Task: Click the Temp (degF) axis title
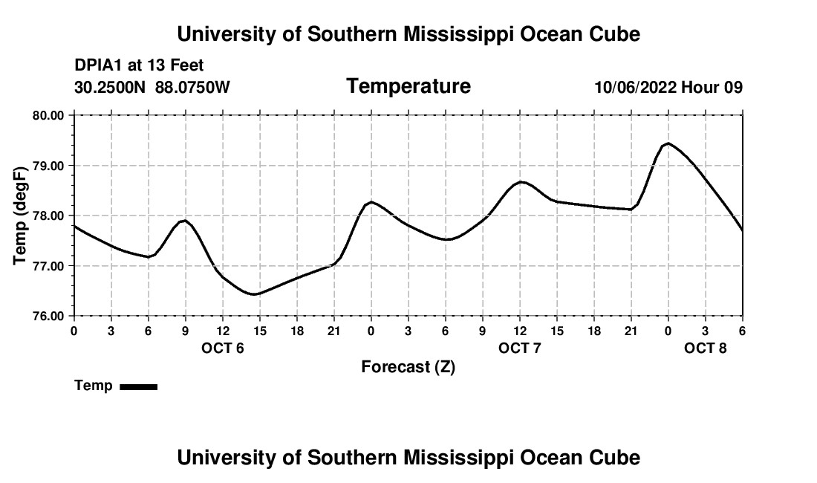pyautogui.click(x=20, y=215)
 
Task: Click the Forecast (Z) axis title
pyautogui.click(x=408, y=366)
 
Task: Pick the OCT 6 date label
pyautogui.click(x=223, y=348)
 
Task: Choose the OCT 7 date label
pyautogui.click(x=520, y=348)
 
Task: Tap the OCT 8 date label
pyautogui.click(x=706, y=348)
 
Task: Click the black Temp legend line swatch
pyautogui.click(x=138, y=386)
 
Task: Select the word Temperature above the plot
pyautogui.click(x=408, y=86)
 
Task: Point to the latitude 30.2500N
pyautogui.click(x=110, y=87)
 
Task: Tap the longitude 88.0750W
pyautogui.click(x=192, y=87)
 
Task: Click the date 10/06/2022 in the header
pyautogui.click(x=635, y=87)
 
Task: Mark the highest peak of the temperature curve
pyautogui.click(x=668, y=143)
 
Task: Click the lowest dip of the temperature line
pyautogui.click(x=254, y=294)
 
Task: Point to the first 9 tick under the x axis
pyautogui.click(x=186, y=330)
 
